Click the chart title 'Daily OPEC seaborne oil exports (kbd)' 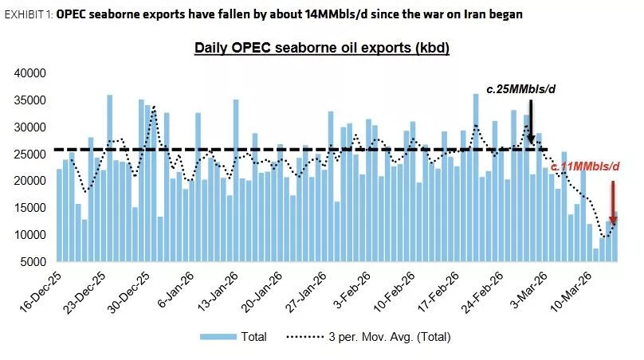point(322,49)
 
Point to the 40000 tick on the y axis point(32,73)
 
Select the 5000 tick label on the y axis point(35,262)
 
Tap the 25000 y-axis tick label point(32,154)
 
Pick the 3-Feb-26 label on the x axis point(342,294)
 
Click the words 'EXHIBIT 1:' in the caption point(28,14)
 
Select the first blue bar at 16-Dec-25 point(59,215)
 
